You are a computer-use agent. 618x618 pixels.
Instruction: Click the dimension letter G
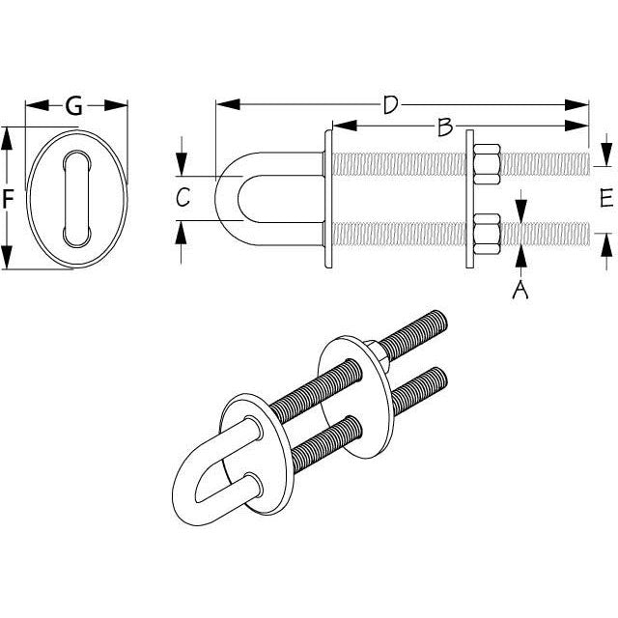point(73,105)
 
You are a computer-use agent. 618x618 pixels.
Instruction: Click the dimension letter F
point(8,199)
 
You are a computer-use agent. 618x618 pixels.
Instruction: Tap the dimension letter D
point(390,105)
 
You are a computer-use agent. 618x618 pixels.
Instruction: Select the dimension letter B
point(445,126)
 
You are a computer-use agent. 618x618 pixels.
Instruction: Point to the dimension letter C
point(183,197)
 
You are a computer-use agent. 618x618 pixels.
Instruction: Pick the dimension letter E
point(606,198)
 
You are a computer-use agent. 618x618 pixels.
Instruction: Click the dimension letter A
point(520,290)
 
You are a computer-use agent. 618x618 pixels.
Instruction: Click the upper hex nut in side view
point(487,164)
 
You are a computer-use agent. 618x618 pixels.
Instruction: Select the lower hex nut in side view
point(487,234)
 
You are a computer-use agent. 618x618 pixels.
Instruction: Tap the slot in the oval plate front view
point(77,199)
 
